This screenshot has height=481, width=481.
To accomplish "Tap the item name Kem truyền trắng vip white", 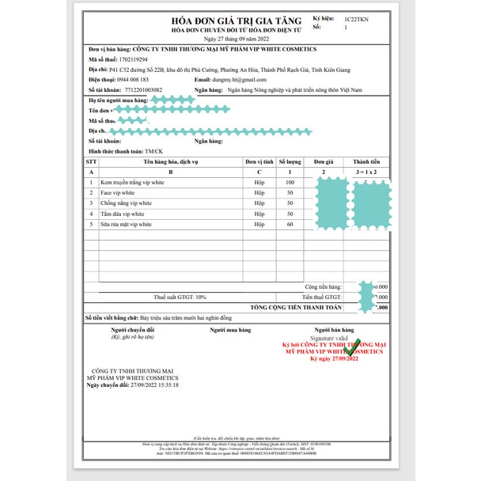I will tap(133, 182).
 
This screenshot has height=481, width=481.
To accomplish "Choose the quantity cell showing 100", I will tap(290, 182).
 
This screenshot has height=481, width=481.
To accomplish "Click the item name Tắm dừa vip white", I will tap(123, 214).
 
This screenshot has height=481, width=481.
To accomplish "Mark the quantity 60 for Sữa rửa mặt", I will tap(290, 225).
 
